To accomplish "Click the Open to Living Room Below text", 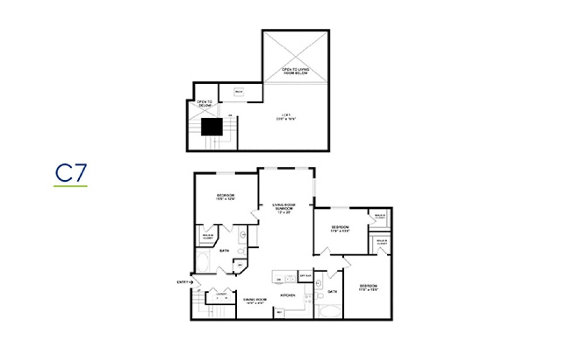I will [295, 71].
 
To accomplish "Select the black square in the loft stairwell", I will [212, 127].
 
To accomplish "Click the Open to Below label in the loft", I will [204, 104].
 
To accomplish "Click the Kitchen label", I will [287, 296].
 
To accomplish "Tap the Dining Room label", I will [253, 300].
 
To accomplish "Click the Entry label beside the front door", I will [183, 282].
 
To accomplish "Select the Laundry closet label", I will [221, 294].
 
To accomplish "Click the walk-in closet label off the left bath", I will [206, 236].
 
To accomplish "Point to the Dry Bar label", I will [305, 277].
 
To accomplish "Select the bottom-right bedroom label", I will [368, 288].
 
